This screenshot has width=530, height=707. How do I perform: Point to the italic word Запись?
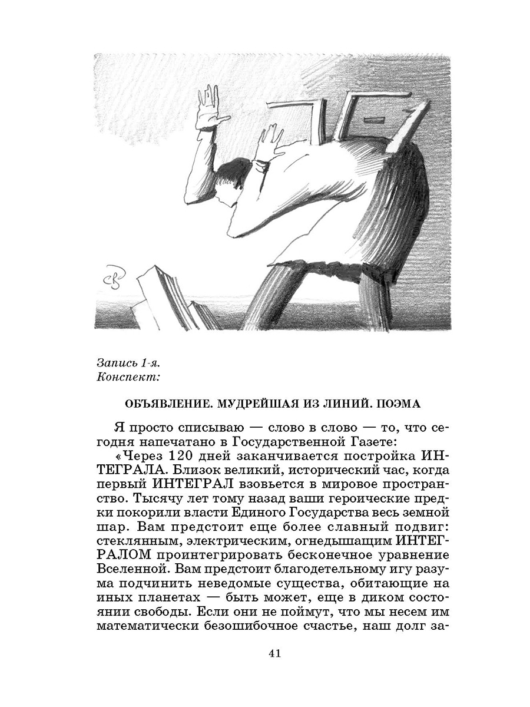(x=116, y=361)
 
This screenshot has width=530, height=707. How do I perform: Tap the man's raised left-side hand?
(x=210, y=109)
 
